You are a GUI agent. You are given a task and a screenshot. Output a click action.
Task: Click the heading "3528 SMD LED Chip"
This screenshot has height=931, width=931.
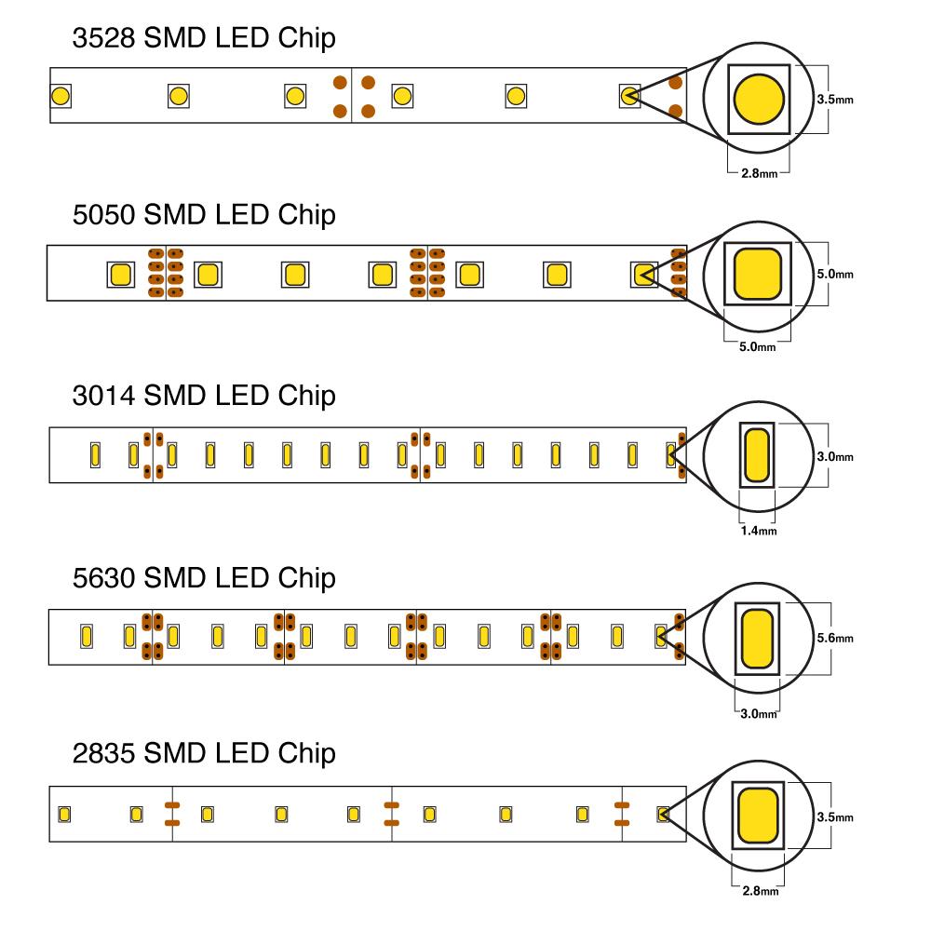pos(204,39)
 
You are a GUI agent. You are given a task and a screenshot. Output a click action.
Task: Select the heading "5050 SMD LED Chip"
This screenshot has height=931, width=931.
pos(204,215)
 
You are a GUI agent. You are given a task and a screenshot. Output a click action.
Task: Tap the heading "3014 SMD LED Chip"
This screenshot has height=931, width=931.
pos(204,396)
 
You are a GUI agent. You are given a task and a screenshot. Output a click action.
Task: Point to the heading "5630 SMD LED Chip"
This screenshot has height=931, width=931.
pos(204,578)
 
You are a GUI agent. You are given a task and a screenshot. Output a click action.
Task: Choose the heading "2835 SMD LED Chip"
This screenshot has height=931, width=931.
pos(204,752)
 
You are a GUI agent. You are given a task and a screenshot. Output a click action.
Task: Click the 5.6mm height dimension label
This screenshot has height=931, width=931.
pos(834,639)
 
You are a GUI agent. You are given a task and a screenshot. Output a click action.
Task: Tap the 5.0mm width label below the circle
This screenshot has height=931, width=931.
pos(757,347)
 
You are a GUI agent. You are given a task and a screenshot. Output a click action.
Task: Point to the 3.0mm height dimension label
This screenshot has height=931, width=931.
pos(834,457)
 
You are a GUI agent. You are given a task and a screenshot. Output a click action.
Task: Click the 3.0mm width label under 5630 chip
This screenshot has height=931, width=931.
pos(757,714)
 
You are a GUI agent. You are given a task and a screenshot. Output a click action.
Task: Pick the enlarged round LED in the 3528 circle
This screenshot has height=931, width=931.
pos(759,98)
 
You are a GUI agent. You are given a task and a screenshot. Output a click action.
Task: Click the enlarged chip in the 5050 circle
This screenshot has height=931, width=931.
pos(758,275)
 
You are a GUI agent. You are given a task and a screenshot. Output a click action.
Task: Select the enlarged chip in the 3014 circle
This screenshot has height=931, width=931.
pos(757,454)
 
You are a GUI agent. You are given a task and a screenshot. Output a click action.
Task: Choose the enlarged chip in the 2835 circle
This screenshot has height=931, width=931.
pos(757,815)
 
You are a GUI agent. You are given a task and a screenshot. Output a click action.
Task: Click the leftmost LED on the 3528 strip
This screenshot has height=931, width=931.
pos(61,95)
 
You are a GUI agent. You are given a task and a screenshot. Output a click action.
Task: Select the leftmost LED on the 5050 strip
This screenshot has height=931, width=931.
pos(120,275)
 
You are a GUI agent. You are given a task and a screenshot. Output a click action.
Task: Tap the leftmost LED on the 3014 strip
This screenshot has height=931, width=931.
pos(95,455)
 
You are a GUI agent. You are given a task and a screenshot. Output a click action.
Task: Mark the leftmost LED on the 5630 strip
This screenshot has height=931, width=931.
pos(85,637)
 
